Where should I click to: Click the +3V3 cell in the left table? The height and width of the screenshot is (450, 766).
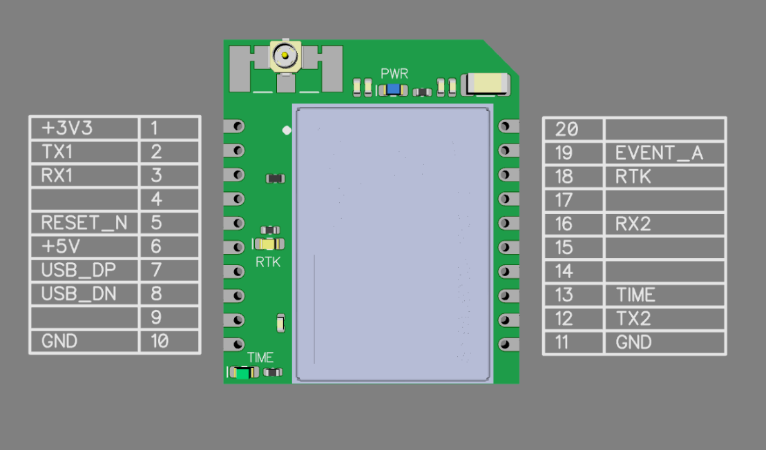click(84, 128)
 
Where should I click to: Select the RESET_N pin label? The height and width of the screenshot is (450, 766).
click(84, 223)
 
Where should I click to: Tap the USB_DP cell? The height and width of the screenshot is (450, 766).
click(84, 270)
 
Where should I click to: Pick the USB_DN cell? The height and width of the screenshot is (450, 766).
click(84, 294)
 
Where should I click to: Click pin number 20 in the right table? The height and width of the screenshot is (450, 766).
click(573, 129)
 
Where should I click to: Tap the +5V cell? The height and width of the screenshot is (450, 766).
click(84, 246)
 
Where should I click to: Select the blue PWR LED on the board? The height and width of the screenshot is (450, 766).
click(395, 90)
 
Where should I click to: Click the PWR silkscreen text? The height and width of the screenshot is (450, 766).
click(394, 73)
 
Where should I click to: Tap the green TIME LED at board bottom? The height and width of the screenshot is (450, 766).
click(242, 373)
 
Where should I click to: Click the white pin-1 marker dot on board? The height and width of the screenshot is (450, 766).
click(287, 129)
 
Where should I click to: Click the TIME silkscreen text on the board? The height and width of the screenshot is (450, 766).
click(260, 358)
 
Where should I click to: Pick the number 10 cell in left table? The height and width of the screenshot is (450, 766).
click(169, 341)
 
